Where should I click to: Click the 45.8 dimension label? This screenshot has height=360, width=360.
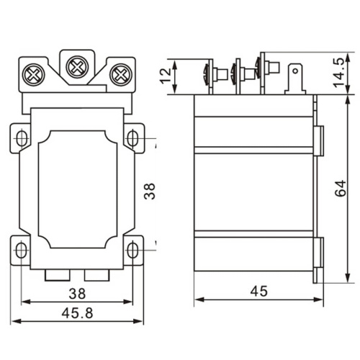point(77,313)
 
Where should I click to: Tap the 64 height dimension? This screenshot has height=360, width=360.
point(341,188)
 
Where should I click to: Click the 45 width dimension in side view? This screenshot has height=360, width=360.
point(258,291)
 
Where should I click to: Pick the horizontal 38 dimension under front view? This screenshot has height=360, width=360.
point(77,294)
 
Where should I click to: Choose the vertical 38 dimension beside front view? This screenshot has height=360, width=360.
point(149,191)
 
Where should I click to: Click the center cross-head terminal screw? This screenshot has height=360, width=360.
point(77,67)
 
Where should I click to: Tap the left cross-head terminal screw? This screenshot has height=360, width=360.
point(33,75)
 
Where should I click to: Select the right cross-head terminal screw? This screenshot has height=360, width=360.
point(121,75)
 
